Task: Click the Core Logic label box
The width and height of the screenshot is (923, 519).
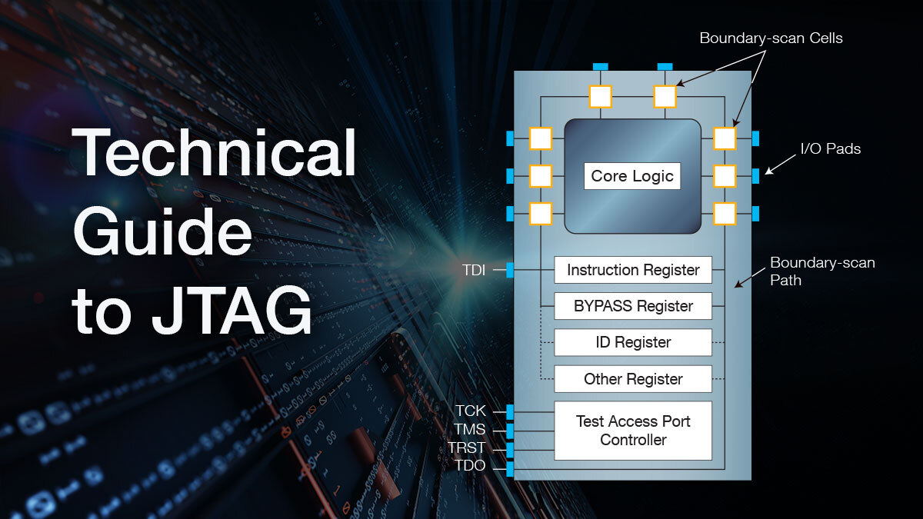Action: pyautogui.click(x=632, y=176)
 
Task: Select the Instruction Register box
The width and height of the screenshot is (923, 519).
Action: pyautogui.click(x=633, y=270)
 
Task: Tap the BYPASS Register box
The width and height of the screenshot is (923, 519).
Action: pyautogui.click(x=633, y=306)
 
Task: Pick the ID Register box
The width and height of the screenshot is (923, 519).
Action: pyautogui.click(x=633, y=342)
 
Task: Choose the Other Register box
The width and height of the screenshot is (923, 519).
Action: pyautogui.click(x=633, y=379)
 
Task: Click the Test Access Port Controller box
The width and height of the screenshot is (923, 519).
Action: pyautogui.click(x=633, y=431)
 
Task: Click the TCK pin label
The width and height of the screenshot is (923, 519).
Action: pyautogui.click(x=470, y=411)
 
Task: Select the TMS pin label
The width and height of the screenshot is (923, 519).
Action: pyautogui.click(x=470, y=430)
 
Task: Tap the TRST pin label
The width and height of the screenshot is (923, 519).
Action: pyautogui.click(x=467, y=448)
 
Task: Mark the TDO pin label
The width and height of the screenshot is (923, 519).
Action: pyautogui.click(x=470, y=466)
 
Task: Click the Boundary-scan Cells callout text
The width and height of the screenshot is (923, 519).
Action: pyautogui.click(x=771, y=38)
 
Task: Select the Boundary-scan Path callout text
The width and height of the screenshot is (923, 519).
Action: pyautogui.click(x=822, y=271)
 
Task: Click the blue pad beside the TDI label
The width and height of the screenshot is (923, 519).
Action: pyautogui.click(x=509, y=269)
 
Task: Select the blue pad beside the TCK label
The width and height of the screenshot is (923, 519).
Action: pyautogui.click(x=509, y=411)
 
